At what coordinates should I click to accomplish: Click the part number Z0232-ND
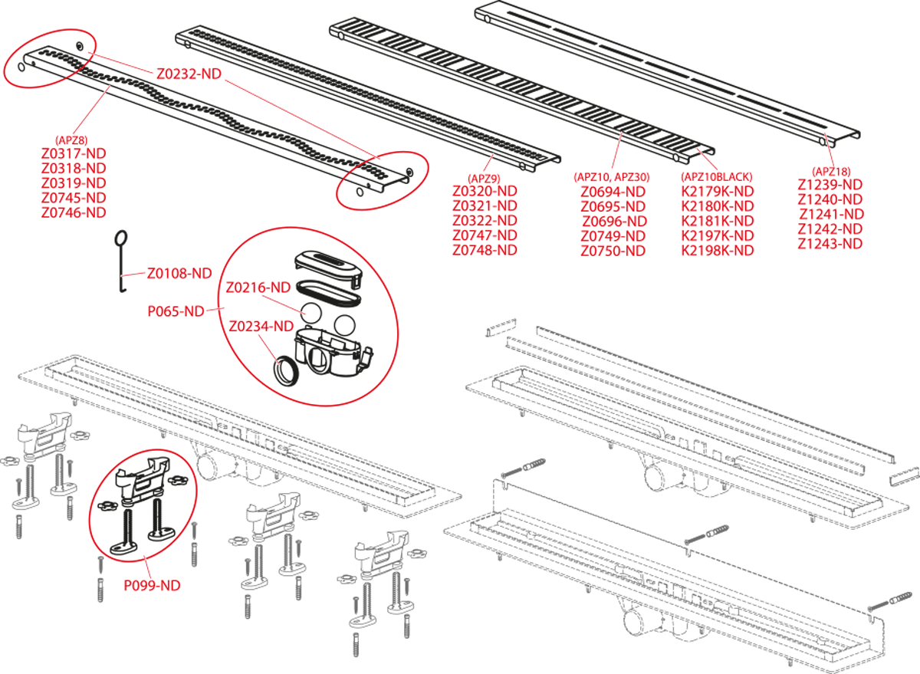[189, 74]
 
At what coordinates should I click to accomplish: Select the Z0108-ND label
[179, 273]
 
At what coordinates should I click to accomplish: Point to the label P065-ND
[176, 311]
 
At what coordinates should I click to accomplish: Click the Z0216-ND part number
[258, 288]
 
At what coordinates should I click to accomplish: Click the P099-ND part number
[152, 585]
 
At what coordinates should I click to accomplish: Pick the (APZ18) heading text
[831, 171]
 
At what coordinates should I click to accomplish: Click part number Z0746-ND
[74, 212]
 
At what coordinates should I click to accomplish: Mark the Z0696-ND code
[614, 222]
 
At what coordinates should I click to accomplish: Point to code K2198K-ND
[718, 251]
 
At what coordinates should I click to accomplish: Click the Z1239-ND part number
[830, 185]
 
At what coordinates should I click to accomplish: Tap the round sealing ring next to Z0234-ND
[287, 369]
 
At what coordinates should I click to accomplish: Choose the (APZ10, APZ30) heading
[612, 177]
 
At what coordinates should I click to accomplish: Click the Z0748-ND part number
[485, 251]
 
